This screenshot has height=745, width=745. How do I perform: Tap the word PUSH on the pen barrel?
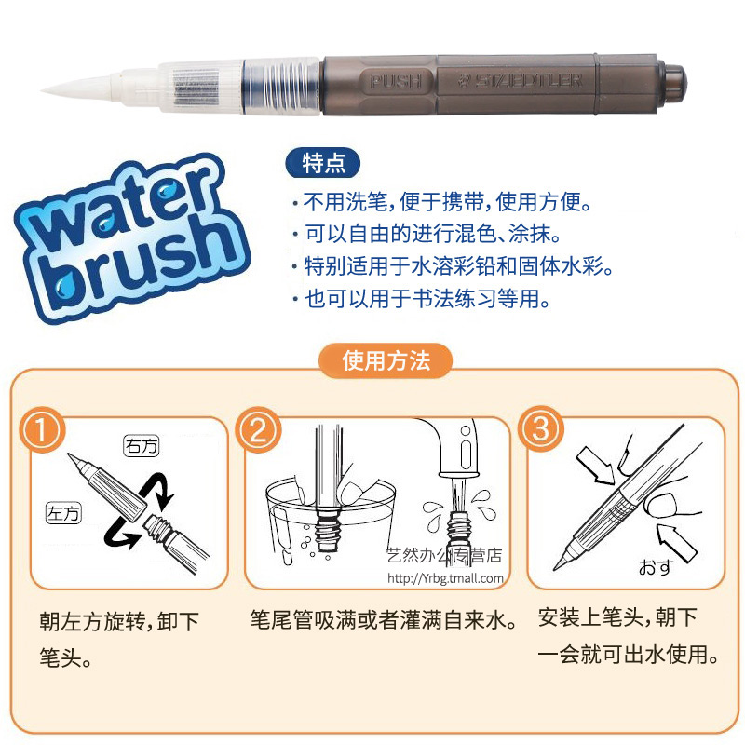[x=396, y=80]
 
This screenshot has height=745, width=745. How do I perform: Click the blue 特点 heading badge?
[x=323, y=162]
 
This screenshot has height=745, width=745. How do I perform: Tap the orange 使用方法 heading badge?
[x=386, y=361]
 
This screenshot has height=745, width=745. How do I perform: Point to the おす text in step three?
[x=655, y=566]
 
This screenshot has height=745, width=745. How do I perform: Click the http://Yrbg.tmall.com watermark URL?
[x=445, y=578]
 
